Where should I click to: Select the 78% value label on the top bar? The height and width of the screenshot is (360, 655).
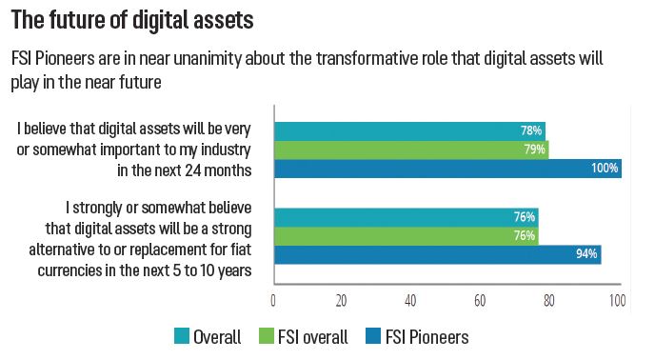point(531,130)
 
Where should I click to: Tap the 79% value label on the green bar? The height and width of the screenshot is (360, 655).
point(534,150)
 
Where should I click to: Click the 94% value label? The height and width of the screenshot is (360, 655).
point(586,253)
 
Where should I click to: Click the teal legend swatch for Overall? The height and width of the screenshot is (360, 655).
point(184,336)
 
